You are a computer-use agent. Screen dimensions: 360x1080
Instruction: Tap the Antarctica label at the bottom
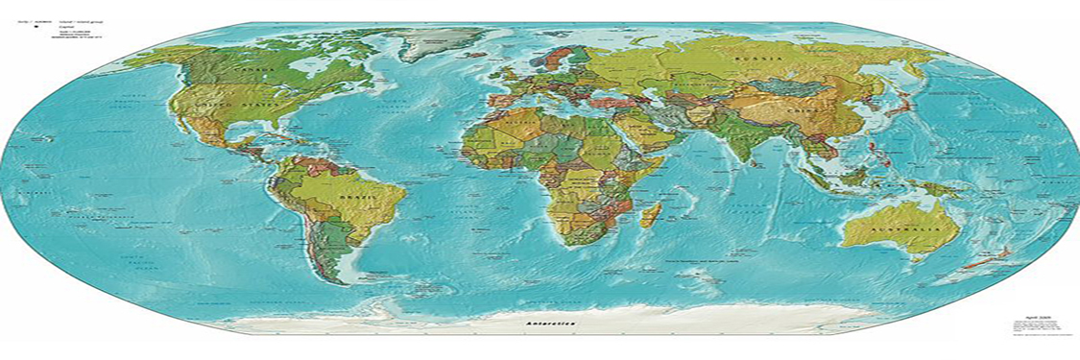click(x=551, y=324)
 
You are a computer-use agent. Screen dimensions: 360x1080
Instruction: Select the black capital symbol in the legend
click(x=36, y=28)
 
